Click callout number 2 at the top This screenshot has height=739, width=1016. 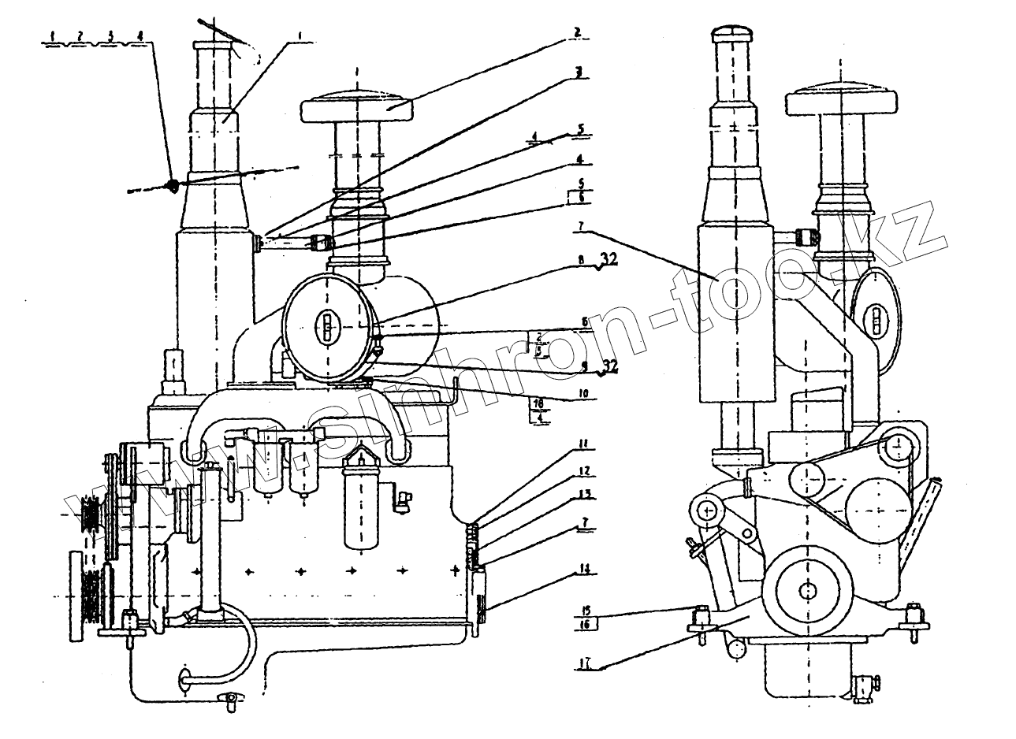click(x=577, y=33)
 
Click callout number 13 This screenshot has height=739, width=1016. click(x=584, y=495)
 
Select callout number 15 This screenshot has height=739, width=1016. click(x=586, y=610)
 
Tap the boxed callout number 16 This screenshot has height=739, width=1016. click(x=586, y=624)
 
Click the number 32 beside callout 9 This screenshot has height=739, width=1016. click(x=608, y=365)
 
